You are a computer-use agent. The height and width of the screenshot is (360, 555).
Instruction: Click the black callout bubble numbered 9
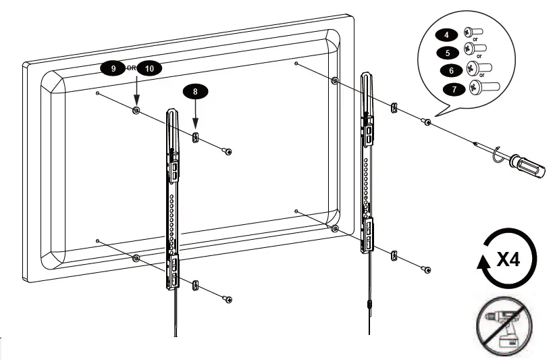(x=113, y=68)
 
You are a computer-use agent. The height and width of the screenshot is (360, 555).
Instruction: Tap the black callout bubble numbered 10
(x=149, y=68)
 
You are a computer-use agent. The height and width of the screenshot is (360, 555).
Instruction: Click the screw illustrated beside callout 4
(x=470, y=32)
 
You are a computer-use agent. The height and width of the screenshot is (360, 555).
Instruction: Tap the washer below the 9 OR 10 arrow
(x=137, y=111)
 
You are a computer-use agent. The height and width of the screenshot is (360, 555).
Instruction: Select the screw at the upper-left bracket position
(x=228, y=152)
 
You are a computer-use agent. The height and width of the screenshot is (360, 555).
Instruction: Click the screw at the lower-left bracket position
(x=228, y=299)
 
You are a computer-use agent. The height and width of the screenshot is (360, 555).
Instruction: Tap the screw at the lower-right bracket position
(x=427, y=269)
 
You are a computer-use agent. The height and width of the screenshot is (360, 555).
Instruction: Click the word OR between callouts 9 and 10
(x=131, y=68)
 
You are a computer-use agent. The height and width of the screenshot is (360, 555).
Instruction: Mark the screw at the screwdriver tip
(x=427, y=122)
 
